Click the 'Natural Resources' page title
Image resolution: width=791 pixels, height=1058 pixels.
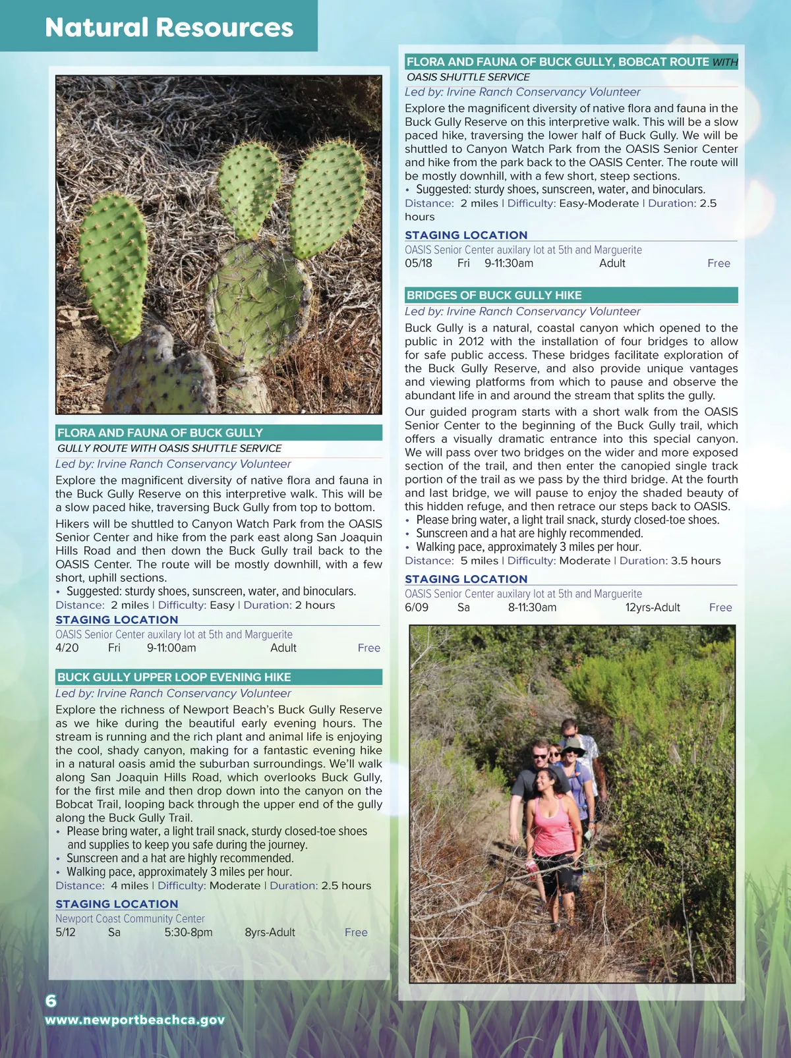(x=169, y=28)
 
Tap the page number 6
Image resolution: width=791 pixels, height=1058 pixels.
(x=51, y=1001)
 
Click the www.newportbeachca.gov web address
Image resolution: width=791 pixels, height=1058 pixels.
(x=134, y=1020)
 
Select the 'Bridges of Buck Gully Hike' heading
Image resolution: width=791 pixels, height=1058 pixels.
(x=494, y=295)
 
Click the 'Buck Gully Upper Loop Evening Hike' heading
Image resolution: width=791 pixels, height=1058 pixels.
(x=174, y=677)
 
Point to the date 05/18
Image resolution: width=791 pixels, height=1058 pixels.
(x=419, y=264)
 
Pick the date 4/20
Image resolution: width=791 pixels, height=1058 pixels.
(x=67, y=648)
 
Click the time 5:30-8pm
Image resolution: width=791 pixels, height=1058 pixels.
(x=189, y=933)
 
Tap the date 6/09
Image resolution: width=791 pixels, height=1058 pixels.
(x=417, y=607)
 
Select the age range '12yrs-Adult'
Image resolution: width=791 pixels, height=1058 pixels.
(x=653, y=607)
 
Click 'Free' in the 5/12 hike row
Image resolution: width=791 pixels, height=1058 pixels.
(x=356, y=933)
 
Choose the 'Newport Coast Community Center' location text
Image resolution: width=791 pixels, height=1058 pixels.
(x=130, y=919)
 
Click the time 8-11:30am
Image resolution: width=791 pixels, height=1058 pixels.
(x=532, y=607)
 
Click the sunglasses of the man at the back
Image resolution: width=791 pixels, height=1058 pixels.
(x=569, y=732)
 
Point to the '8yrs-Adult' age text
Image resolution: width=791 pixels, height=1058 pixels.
(x=270, y=933)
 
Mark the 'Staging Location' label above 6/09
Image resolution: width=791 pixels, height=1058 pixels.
(x=466, y=579)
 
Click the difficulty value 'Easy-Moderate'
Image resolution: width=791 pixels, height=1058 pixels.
(x=599, y=204)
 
